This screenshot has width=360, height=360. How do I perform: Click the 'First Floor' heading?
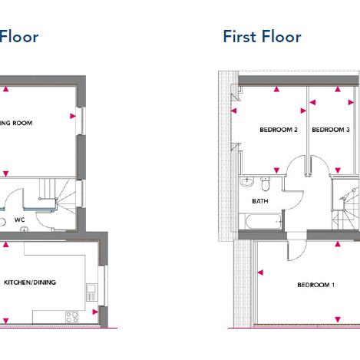[262, 36]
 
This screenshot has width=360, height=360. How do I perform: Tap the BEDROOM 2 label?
[279, 130]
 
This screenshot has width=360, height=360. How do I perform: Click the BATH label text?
[261, 201]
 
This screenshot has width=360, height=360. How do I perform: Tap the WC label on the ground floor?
[20, 220]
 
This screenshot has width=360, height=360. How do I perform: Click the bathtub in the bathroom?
[263, 223]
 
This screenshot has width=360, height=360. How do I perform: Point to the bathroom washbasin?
[246, 183]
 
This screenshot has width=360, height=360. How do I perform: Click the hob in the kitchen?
[73, 315]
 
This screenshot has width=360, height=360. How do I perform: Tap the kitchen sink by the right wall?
[92, 291]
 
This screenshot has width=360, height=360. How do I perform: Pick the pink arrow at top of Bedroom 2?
[277, 90]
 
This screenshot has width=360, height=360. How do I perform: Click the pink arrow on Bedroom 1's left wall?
[261, 270]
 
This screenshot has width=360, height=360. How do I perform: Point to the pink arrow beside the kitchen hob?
[94, 312]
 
